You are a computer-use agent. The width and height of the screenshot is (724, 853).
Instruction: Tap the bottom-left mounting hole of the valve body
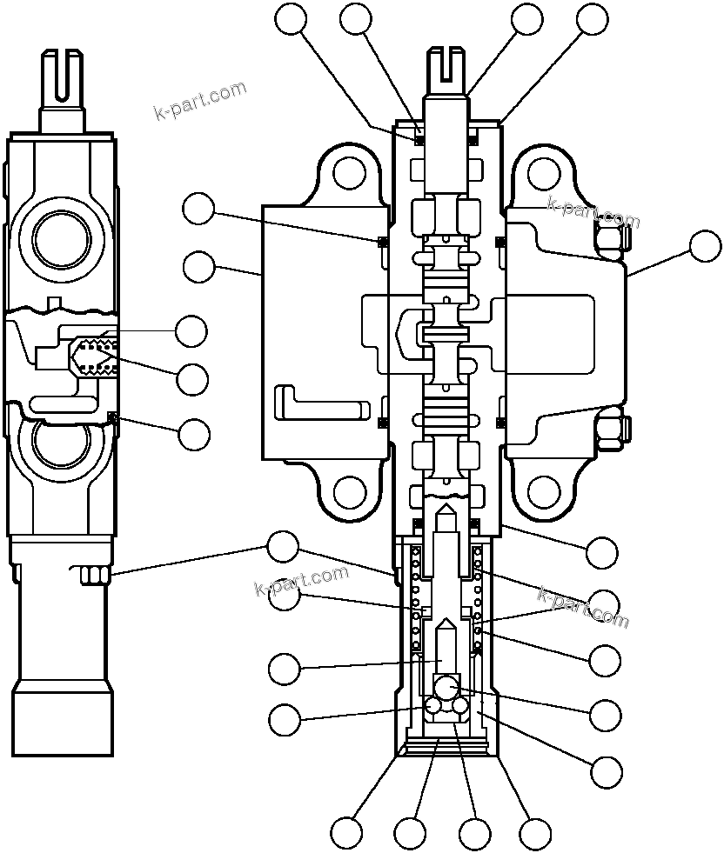tap(350, 491)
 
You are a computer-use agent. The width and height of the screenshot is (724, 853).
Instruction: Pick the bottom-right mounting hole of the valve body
tap(544, 491)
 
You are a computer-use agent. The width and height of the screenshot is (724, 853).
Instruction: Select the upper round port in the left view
tap(62, 236)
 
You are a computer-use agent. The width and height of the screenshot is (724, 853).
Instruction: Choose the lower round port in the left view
tap(61, 443)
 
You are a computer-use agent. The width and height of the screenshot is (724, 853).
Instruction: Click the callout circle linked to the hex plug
tap(282, 547)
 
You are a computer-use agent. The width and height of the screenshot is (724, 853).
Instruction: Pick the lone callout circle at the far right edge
tap(705, 246)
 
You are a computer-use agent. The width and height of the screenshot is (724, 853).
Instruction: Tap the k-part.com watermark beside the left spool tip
tap(199, 101)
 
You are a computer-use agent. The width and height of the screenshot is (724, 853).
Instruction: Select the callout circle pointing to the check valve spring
tap(191, 379)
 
